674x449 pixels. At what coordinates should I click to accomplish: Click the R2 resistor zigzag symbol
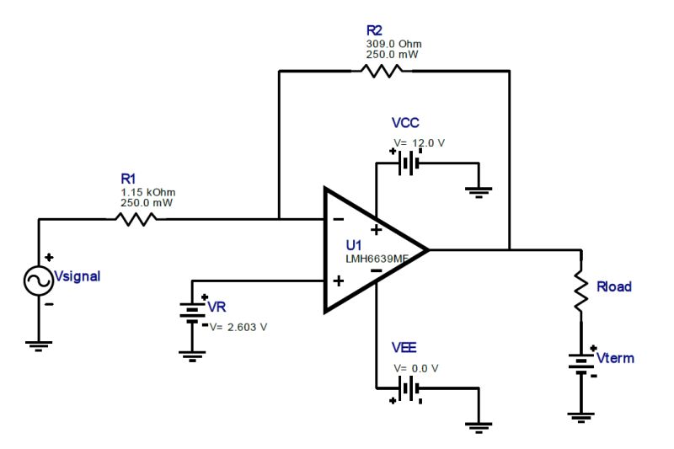coord(383,71)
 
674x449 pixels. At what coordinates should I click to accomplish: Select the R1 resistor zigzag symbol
coord(136,219)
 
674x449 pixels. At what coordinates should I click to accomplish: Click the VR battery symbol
coord(193,313)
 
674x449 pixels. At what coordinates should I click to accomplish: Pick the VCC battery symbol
coord(408,162)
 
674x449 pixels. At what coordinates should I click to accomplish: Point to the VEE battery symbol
coord(409,388)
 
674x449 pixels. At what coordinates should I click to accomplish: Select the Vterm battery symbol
coord(580,363)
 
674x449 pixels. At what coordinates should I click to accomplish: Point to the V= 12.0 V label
coord(419,142)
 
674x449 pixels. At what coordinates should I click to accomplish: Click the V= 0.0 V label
coord(416,368)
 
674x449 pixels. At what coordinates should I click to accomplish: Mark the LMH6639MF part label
coord(377,259)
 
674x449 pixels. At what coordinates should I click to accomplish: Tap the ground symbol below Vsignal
coord(39,343)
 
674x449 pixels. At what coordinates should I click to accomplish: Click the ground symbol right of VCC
coord(479,191)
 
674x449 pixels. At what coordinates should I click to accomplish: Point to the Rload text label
coord(613,286)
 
